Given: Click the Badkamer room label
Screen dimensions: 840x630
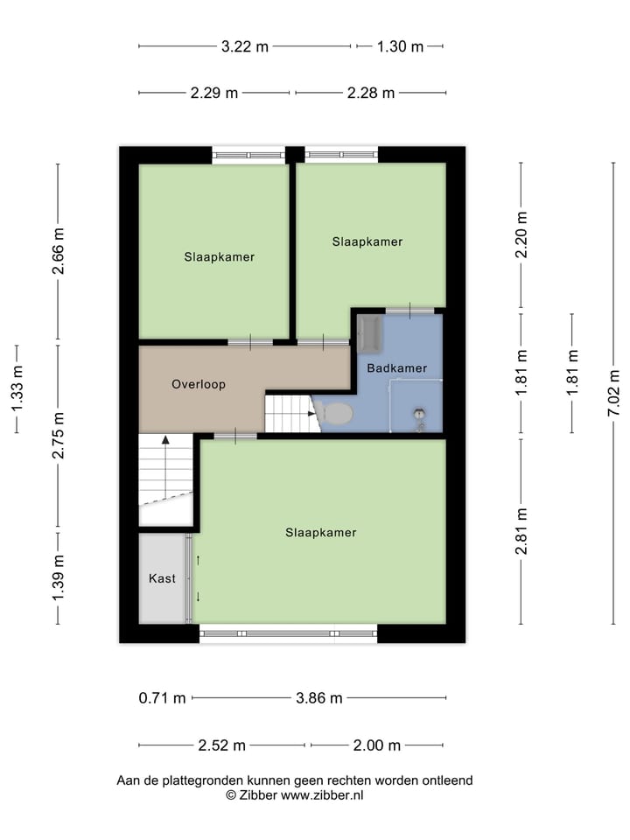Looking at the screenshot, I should point(397,368).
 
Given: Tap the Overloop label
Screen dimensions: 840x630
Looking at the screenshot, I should point(199,384).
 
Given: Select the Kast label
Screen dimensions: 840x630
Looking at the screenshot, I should point(162,578).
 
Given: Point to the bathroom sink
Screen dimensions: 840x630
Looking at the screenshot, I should point(368,333).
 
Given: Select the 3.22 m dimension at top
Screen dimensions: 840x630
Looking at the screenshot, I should point(245,47).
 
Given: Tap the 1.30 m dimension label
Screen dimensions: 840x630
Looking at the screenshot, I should point(400,47).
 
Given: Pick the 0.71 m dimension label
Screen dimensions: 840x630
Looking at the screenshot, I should point(163,698).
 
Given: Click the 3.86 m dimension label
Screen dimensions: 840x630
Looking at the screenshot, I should point(318,698).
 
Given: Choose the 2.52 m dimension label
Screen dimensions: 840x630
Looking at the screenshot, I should point(221,745).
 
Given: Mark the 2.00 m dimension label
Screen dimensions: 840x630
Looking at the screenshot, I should point(376,745).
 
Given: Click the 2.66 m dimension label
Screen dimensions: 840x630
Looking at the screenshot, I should point(59,252).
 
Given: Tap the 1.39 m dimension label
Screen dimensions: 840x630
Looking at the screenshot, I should point(59,577).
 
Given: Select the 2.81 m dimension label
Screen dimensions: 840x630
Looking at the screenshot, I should point(521,531).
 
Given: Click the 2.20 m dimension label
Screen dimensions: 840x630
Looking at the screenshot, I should point(521,235).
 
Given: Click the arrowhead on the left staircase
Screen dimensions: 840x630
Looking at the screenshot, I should point(164,440).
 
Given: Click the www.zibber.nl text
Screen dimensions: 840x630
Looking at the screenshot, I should point(322,795).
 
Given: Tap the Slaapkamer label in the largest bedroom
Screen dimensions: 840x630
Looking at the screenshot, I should point(320,532).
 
